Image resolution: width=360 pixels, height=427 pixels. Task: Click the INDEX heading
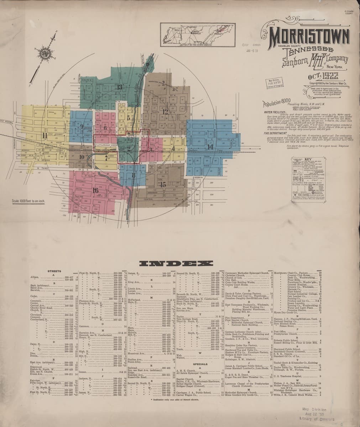click(174, 264)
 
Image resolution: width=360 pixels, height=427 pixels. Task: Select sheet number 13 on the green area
click(119, 87)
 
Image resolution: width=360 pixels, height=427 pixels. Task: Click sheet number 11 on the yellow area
click(45, 135)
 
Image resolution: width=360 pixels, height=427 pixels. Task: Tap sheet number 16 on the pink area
click(95, 190)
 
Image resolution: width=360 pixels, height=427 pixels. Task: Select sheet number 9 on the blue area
click(82, 126)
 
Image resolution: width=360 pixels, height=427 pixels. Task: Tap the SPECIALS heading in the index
click(200, 364)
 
